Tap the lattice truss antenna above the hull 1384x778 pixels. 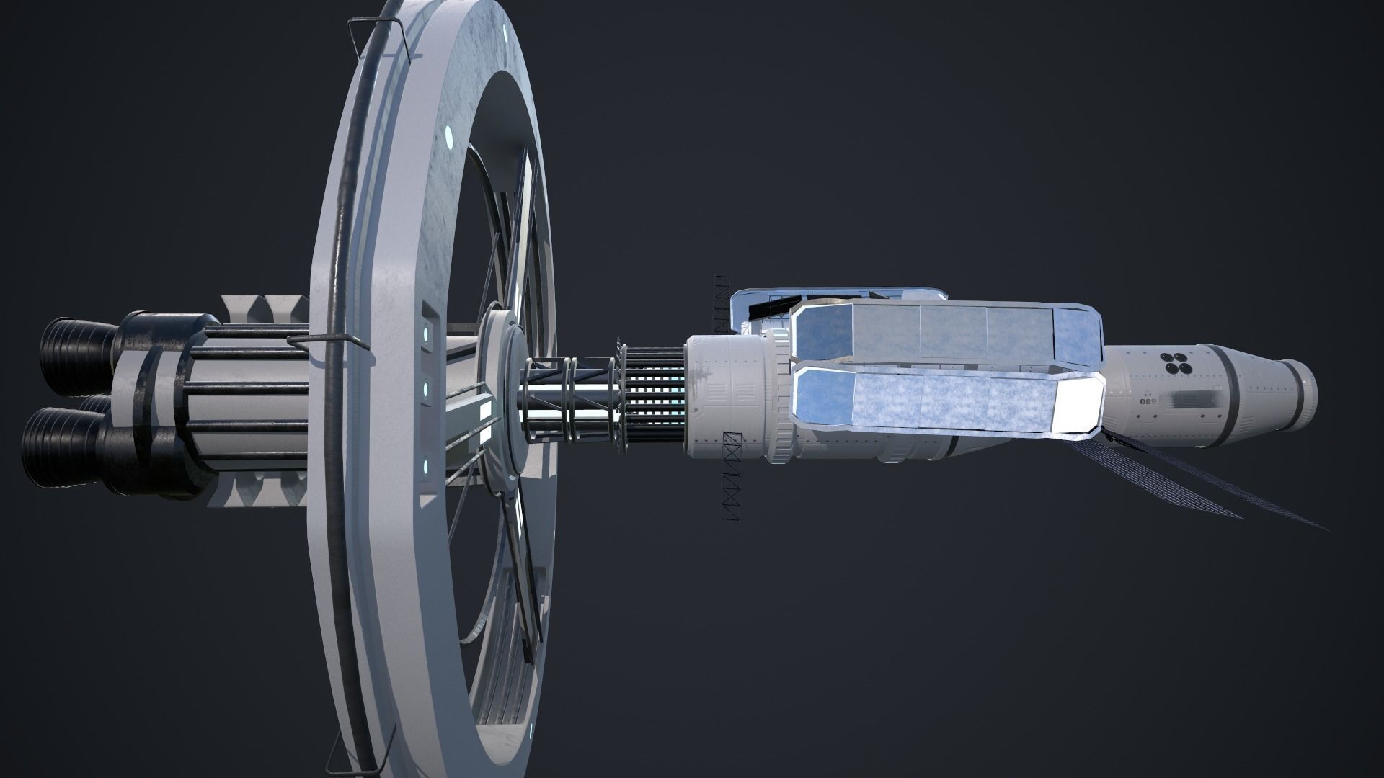coord(720,303)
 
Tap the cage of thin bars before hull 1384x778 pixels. coord(652,395)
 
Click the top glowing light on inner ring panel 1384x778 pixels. coord(430,333)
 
